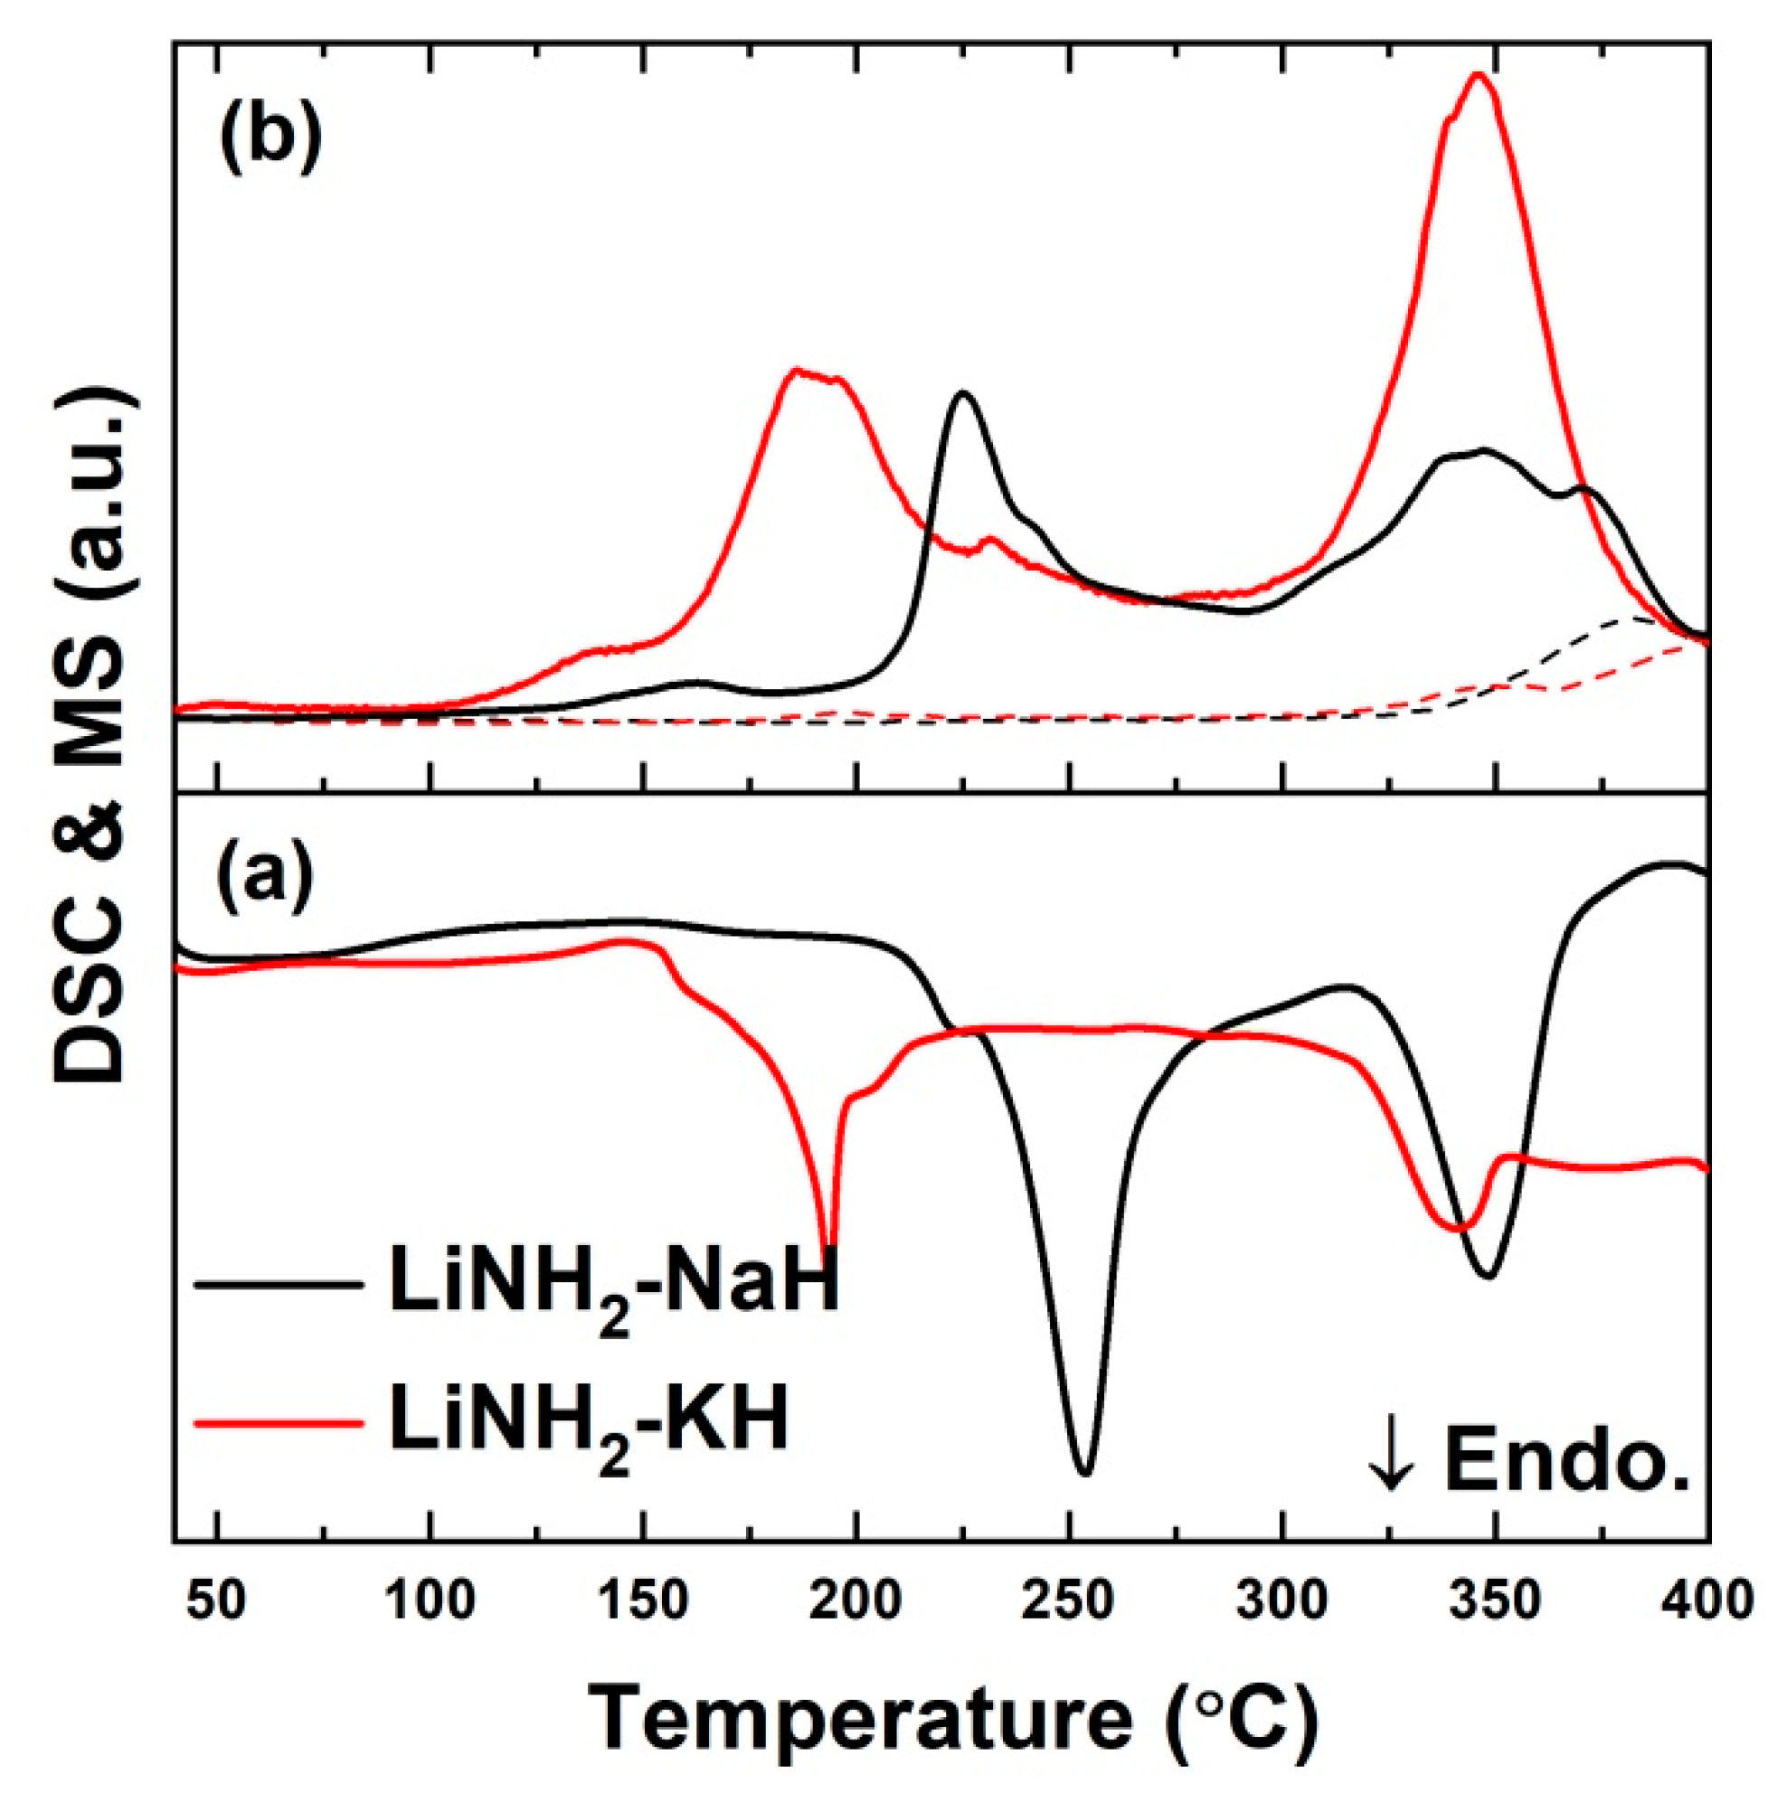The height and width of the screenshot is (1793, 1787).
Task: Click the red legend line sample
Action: pyautogui.click(x=278, y=1421)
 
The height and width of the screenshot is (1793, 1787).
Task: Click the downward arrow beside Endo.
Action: pyautogui.click(x=1391, y=1483)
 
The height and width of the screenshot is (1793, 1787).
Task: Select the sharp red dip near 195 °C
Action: pyautogui.click(x=829, y=1245)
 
